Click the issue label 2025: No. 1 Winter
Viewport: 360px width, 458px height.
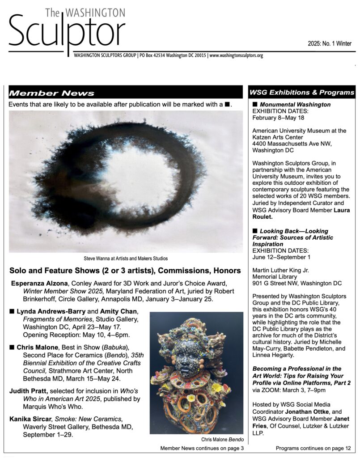pos(329,44)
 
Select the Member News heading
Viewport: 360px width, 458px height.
pos(52,93)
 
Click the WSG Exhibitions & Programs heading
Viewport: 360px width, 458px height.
pos(302,93)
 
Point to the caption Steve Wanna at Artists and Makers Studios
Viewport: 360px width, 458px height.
pos(126,259)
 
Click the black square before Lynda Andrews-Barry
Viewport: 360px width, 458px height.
pos(12,311)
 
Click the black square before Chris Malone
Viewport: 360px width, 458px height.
pos(12,347)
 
